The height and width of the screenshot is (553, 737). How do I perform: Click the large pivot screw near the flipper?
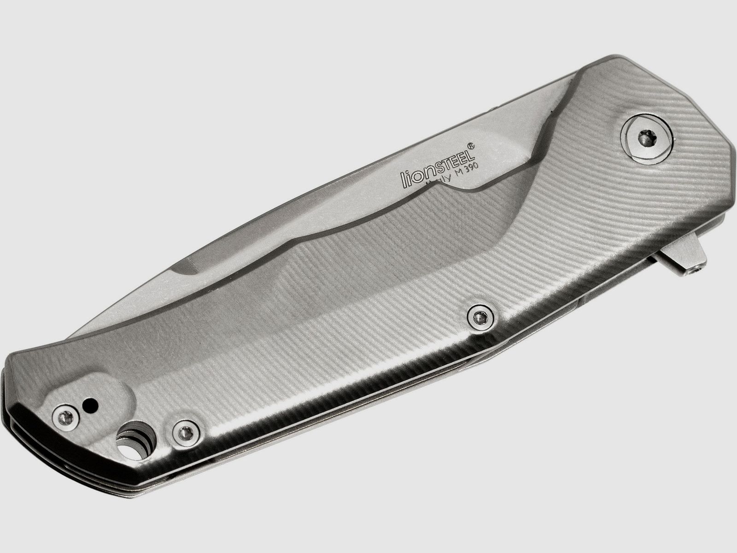coord(646,138)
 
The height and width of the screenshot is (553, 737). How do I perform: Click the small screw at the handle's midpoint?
coord(480,316)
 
